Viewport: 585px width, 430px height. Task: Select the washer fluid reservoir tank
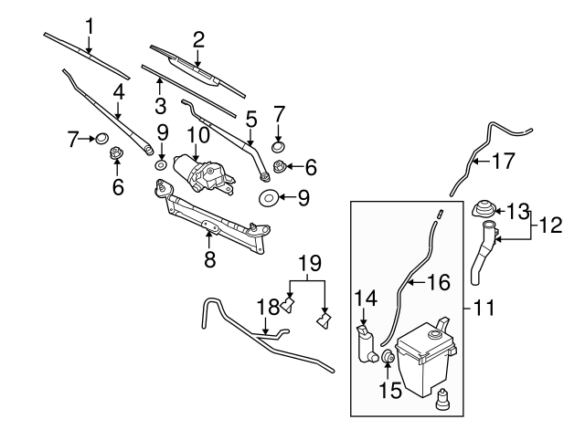(x=421, y=357)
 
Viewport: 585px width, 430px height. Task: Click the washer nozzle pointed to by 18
(x=290, y=305)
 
